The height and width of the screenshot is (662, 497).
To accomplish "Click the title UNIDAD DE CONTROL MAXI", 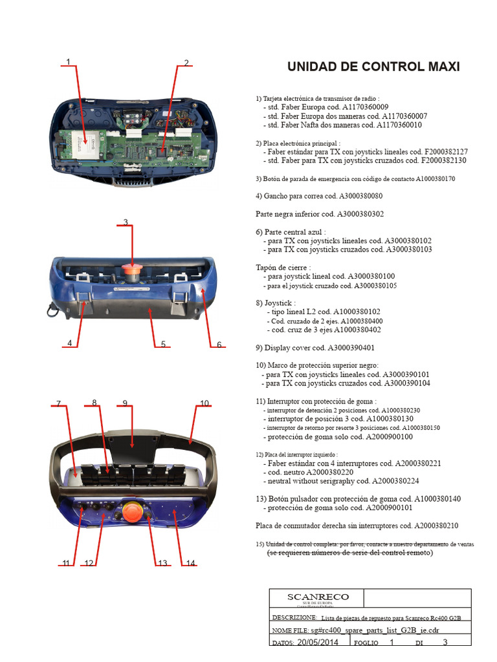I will (373, 67).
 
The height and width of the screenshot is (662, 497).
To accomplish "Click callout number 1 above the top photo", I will (67, 62).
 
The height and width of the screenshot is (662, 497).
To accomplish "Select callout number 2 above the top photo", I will (186, 63).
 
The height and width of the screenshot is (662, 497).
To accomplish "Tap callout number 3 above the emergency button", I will (126, 222).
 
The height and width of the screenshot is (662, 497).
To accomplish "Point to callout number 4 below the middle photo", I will (69, 343).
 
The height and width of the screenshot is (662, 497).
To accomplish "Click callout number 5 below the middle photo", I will (163, 344).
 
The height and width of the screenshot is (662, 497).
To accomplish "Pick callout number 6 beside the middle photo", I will (219, 345).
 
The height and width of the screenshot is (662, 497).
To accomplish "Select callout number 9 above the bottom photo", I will (124, 403).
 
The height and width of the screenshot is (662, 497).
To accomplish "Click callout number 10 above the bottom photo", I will (204, 403).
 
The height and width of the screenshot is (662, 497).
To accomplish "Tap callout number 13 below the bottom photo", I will (162, 563).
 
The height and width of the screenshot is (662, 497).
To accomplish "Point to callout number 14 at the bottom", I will (190, 563).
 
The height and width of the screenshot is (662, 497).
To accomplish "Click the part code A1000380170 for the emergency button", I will (435, 178).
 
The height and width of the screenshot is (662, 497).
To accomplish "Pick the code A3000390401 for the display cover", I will (351, 347).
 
